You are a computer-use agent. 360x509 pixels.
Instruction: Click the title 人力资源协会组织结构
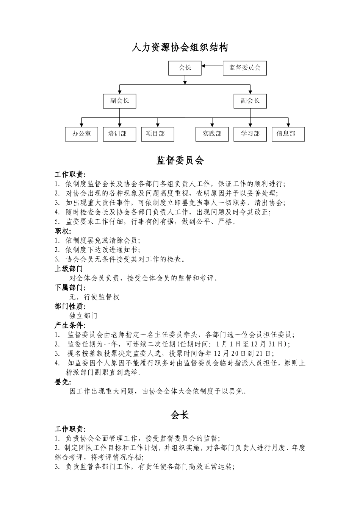180,48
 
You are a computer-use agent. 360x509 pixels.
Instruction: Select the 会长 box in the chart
185,68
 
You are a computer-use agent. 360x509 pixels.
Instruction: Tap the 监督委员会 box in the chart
244,68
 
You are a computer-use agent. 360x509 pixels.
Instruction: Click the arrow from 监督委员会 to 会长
212,66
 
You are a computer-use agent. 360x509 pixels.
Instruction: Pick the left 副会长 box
119,101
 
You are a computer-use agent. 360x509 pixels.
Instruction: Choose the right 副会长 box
250,101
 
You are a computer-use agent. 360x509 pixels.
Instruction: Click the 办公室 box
81,134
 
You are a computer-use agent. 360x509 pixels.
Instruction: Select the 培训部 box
119,134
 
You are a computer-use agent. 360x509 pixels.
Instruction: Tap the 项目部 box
158,134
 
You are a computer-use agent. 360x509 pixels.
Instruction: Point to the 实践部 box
212,134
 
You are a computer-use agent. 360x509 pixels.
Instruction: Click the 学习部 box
250,134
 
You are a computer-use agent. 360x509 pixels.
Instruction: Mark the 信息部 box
288,134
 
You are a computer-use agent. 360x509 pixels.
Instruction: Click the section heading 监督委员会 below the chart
180,161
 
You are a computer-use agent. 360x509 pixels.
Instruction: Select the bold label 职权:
63,231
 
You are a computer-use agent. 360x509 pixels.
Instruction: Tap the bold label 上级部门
69,269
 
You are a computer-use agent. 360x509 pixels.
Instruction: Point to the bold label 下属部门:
70,288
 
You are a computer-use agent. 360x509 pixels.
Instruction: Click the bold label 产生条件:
70,325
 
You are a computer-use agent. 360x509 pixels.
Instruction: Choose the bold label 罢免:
63,382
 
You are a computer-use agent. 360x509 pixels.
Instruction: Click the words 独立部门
83,316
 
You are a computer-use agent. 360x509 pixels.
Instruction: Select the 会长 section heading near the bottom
180,415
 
